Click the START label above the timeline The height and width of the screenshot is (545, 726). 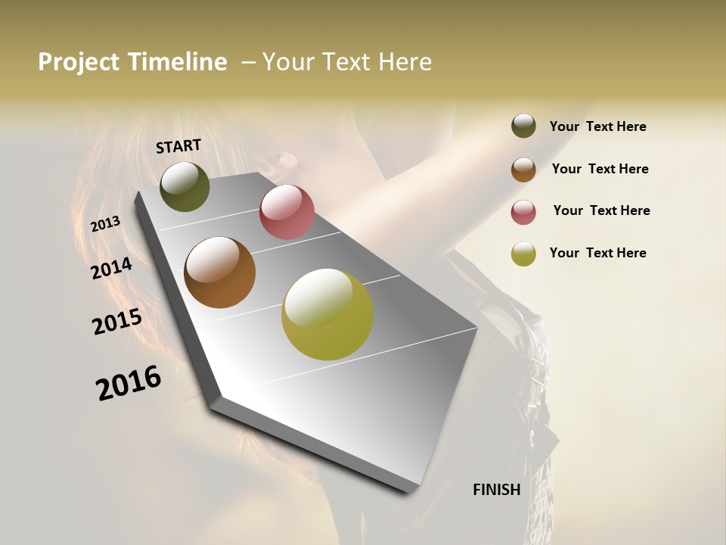click(x=178, y=146)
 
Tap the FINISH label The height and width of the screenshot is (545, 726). click(x=497, y=490)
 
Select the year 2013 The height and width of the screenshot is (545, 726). click(x=106, y=224)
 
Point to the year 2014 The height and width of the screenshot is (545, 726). click(x=112, y=269)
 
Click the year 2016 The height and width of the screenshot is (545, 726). click(x=129, y=383)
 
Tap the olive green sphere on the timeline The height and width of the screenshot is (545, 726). click(x=185, y=186)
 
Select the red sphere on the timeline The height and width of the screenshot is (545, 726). click(x=287, y=212)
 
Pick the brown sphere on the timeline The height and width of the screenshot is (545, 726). click(x=219, y=272)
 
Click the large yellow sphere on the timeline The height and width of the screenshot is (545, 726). click(x=327, y=314)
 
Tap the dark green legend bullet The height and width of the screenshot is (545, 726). click(x=523, y=126)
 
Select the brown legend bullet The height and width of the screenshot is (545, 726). click(x=523, y=169)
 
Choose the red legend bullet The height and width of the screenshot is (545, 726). click(x=523, y=212)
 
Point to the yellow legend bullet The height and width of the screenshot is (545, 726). click(x=523, y=254)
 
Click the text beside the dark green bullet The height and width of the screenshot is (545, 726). click(x=597, y=126)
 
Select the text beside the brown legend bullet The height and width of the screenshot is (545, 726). click(x=600, y=169)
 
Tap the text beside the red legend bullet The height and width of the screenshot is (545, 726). click(x=601, y=210)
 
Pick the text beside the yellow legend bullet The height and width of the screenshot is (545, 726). click(x=597, y=253)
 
